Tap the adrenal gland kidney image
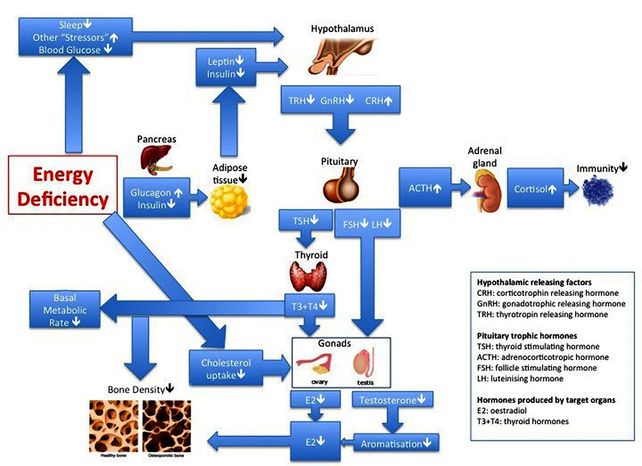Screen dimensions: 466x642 pyautogui.click(x=486, y=190)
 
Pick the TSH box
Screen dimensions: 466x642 pyautogui.click(x=306, y=221)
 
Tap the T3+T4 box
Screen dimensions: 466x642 pyautogui.click(x=311, y=307)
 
